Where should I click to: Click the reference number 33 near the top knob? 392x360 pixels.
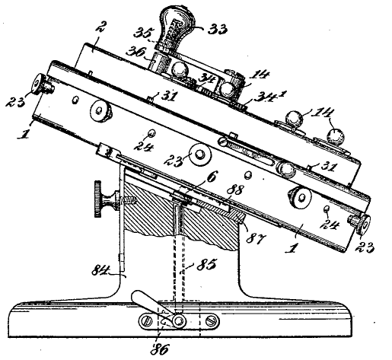(x=218, y=30)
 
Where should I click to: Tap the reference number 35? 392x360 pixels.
(x=143, y=33)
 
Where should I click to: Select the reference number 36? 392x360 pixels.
(x=136, y=52)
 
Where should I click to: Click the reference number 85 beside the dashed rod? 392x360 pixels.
(x=206, y=265)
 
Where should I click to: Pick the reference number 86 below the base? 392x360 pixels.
(x=160, y=350)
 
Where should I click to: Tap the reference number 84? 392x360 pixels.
(x=100, y=271)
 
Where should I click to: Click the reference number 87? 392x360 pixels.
(x=255, y=239)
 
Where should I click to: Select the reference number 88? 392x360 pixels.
(x=234, y=190)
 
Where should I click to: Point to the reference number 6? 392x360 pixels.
(x=212, y=177)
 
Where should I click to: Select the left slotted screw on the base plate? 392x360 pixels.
(x=146, y=322)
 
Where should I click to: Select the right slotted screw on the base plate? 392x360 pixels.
(x=212, y=322)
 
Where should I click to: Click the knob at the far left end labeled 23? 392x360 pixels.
(x=42, y=84)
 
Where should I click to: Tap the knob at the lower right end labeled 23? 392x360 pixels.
(x=361, y=223)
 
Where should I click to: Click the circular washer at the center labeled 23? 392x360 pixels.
(x=200, y=155)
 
